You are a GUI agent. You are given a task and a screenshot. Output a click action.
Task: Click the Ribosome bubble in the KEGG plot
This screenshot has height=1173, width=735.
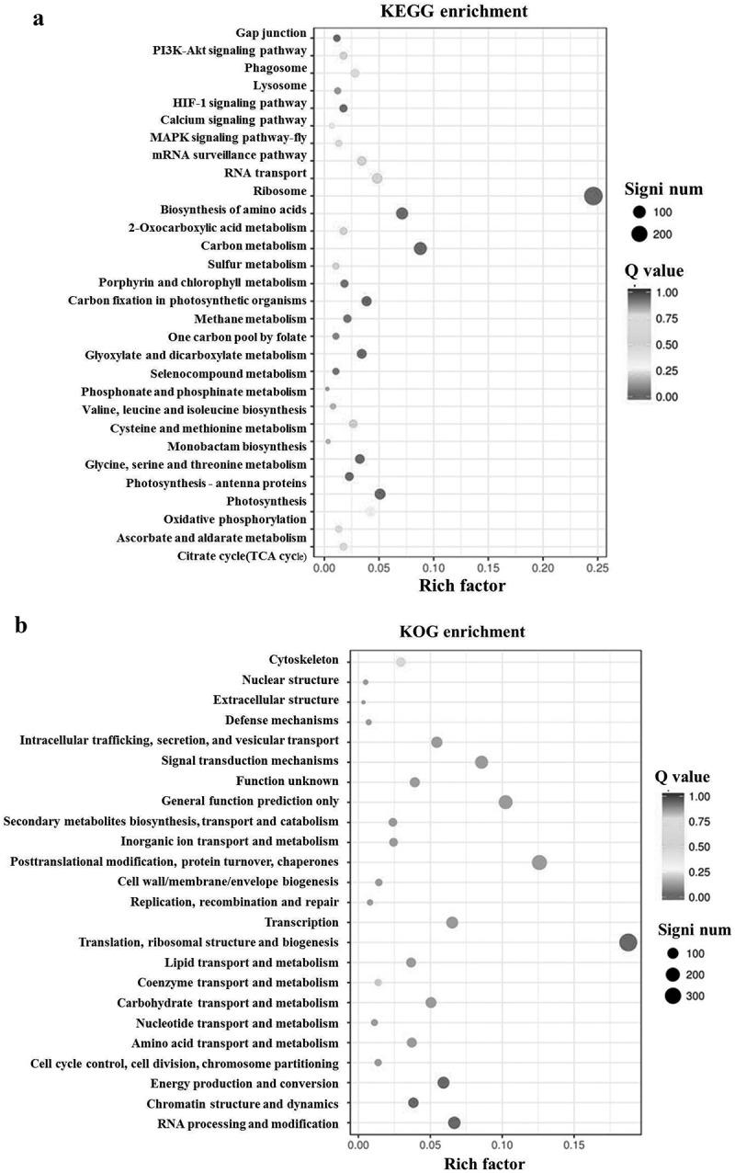tap(593, 196)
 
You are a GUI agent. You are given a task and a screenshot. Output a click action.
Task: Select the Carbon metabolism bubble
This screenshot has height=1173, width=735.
tap(420, 248)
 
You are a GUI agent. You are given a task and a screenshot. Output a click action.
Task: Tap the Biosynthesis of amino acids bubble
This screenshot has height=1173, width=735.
tap(401, 213)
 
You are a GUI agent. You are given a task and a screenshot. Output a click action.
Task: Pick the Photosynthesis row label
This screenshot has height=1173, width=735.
tap(266, 501)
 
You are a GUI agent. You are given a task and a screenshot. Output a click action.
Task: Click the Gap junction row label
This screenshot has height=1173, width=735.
tap(272, 34)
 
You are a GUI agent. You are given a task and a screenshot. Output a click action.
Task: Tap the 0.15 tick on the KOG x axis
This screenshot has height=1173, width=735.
tap(573, 1146)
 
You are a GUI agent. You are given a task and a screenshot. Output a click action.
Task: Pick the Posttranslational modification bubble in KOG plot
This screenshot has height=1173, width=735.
tap(539, 862)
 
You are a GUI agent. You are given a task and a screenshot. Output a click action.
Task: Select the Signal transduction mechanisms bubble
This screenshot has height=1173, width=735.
tap(481, 762)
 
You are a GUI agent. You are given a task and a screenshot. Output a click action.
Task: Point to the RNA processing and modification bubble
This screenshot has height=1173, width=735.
tap(454, 1122)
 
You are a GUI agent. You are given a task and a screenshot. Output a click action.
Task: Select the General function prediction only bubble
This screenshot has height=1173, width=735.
tap(505, 803)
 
